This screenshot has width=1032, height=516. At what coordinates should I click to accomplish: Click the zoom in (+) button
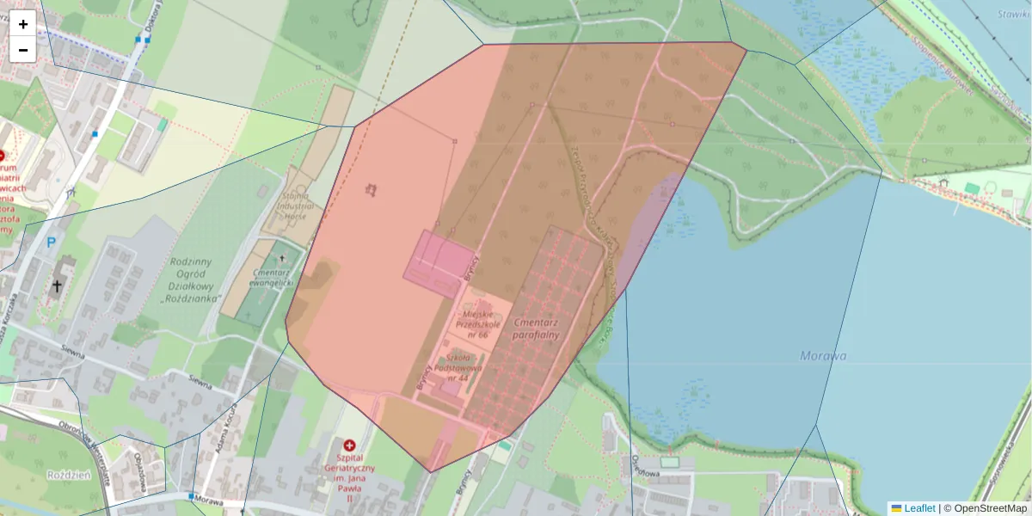(23, 23)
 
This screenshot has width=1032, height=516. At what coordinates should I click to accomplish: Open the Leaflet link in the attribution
(918, 508)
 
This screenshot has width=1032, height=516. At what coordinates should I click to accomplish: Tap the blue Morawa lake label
(823, 355)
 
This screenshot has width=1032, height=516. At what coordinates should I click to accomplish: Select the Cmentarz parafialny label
(536, 329)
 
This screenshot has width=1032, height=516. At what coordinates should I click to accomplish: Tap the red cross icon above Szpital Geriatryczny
(349, 445)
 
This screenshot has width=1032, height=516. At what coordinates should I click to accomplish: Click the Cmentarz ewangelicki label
(273, 275)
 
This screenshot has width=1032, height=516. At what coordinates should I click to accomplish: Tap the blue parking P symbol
(51, 243)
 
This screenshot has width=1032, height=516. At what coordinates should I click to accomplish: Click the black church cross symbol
(57, 286)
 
